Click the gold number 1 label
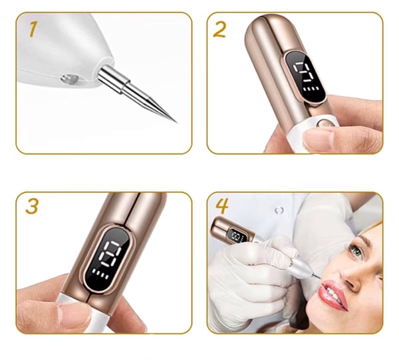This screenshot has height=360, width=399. click(x=33, y=29)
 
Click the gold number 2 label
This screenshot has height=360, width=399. click(x=219, y=30)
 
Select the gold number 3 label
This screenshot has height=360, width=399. click(x=32, y=206)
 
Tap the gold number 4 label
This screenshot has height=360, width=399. click(x=221, y=206)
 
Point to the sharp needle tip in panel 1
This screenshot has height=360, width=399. click(x=176, y=122)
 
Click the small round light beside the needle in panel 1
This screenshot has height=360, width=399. click(x=69, y=78)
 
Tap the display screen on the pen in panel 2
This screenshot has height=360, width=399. click(x=305, y=78)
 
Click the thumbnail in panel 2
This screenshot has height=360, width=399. click(x=318, y=140)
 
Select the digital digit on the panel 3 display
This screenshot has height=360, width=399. click(x=110, y=254)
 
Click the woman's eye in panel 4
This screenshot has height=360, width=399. click(x=356, y=251)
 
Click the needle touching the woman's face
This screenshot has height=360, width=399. click(x=317, y=274)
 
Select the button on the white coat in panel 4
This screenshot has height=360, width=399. click(x=279, y=211)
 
